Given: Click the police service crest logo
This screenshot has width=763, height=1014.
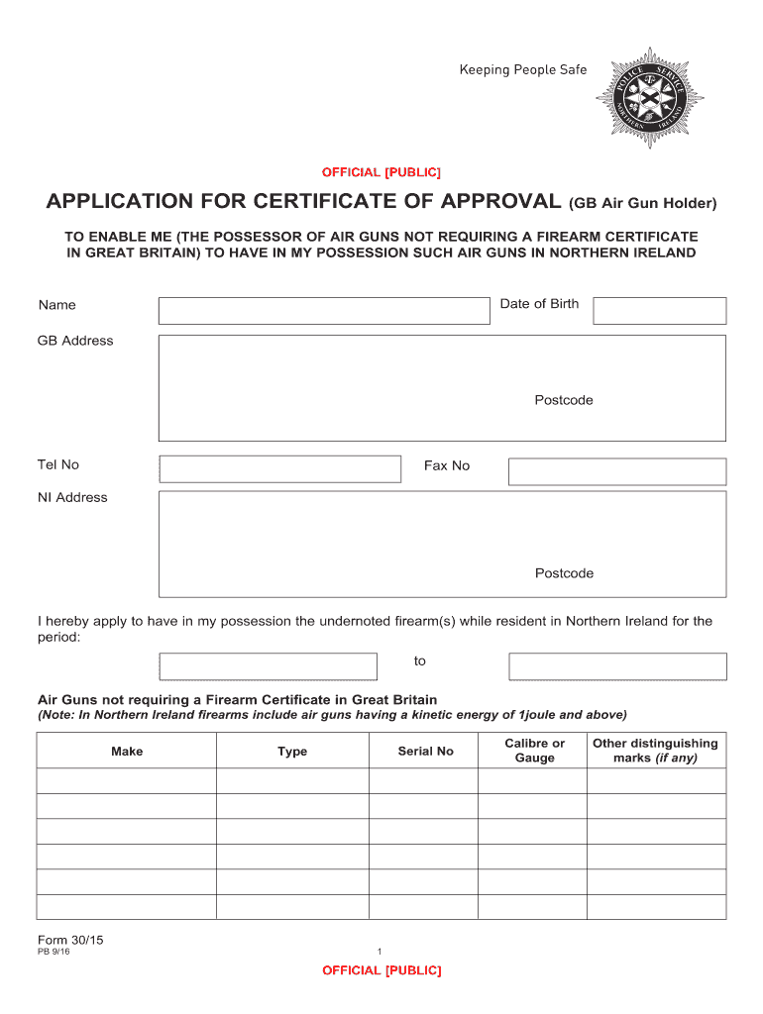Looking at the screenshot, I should click(649, 97).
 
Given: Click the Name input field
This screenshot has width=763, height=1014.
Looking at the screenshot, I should click(324, 310).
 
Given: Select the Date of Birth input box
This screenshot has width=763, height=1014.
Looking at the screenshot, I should click(659, 311).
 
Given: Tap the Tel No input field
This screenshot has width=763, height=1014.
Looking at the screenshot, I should click(280, 468).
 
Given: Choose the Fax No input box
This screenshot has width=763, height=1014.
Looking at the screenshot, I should click(616, 471).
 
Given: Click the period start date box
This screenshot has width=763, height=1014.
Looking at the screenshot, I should click(268, 666).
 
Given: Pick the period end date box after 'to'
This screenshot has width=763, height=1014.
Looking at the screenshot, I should click(616, 666).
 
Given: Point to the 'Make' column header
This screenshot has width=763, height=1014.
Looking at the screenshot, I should click(127, 752).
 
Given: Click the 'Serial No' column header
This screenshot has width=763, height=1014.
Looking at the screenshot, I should click(425, 752).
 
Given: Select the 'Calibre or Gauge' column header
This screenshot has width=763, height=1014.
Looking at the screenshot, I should click(534, 751).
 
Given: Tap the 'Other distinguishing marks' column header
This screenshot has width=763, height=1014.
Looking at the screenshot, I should click(655, 751).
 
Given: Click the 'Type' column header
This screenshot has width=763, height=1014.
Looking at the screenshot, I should click(292, 752).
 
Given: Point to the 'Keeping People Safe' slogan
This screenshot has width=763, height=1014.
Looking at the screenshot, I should click(522, 70).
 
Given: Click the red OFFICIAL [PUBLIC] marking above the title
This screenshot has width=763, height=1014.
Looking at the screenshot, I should click(381, 172).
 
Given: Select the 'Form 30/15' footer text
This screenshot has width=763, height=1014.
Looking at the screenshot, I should click(66, 940).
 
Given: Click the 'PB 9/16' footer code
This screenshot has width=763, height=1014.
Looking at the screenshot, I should click(54, 953).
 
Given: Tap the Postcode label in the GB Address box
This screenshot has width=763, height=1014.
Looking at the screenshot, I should click(564, 400).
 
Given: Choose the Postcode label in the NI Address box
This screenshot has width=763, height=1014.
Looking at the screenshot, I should click(564, 573).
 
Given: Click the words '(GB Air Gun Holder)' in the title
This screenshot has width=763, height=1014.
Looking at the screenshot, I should click(642, 204).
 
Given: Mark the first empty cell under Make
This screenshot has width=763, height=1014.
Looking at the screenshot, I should click(127, 780).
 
